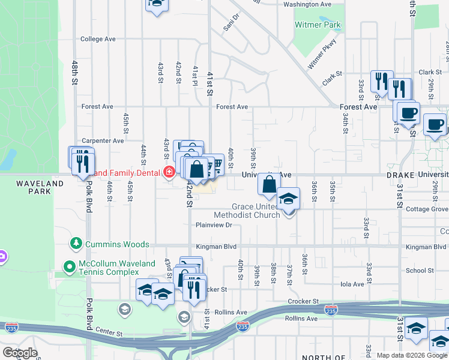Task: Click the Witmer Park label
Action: point(318,25)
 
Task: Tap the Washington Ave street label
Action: point(307,4)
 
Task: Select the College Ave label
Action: point(97,39)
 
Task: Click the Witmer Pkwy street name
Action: point(322,54)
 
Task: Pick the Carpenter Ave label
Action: point(103,140)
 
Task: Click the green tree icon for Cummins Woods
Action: point(76,243)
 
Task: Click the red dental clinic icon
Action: point(169,173)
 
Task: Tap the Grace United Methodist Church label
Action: point(247,211)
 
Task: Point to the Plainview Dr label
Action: point(213,225)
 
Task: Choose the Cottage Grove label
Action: point(427,209)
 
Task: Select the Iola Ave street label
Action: point(352,284)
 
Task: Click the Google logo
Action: point(20,353)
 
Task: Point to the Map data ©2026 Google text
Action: point(412,355)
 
